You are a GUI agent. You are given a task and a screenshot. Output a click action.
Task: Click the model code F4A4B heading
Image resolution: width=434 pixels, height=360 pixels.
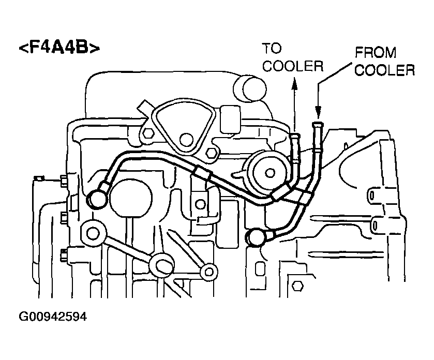point(59,48)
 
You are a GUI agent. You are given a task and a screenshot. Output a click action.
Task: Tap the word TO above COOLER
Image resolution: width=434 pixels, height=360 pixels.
point(272,49)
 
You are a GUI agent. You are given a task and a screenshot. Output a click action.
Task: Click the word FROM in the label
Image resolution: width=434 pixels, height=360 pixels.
point(376,53)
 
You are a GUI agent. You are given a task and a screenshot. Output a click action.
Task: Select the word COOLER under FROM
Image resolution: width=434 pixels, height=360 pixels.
point(385,70)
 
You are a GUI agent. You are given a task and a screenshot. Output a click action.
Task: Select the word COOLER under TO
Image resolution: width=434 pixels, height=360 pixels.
point(293,66)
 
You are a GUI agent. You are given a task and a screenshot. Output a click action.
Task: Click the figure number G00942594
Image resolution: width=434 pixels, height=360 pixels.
point(53,317)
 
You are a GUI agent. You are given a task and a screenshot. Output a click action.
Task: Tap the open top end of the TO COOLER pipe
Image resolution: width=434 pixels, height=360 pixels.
point(294,136)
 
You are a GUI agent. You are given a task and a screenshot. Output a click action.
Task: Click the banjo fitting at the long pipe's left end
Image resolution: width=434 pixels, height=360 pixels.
point(96,199)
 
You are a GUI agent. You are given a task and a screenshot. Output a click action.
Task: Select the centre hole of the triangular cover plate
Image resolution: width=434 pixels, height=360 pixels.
point(186,140)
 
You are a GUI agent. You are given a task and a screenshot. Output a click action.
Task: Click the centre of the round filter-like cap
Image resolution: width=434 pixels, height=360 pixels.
point(269,173)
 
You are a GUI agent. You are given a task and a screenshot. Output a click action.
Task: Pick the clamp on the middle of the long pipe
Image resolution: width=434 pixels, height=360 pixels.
point(202,174)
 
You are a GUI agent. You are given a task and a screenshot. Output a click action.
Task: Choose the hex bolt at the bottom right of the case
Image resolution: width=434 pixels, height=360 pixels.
point(297,286)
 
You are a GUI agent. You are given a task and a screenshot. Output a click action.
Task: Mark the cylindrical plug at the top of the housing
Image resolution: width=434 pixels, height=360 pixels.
point(250,88)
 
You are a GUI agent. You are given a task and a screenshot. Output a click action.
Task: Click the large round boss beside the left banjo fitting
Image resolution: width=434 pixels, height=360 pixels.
point(131,197)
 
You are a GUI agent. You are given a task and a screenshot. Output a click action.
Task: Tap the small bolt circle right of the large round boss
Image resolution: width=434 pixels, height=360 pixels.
point(200,204)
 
